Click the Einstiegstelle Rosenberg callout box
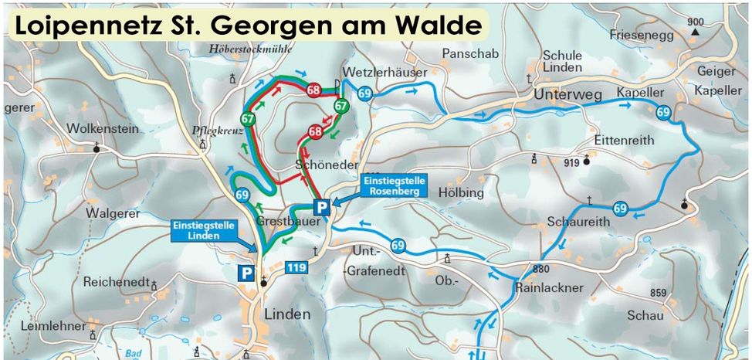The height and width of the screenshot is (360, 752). (393, 185)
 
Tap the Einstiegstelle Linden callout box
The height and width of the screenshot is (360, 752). (199, 230)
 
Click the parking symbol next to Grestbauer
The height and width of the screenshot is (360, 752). (321, 206)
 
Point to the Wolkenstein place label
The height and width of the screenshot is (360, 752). (103, 129)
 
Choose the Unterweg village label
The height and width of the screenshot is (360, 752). (567, 93)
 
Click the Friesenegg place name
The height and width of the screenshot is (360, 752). (642, 35)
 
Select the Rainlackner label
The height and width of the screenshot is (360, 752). (549, 288)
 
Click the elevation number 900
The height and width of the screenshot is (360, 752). (696, 21)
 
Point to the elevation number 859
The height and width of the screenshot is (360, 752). (657, 293)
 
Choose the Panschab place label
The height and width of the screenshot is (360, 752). (470, 53)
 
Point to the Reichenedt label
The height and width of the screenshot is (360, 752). (116, 282)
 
